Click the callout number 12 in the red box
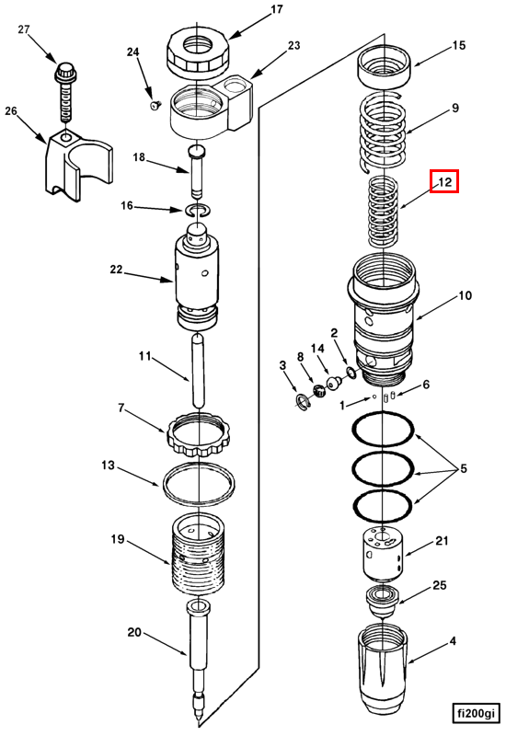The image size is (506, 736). (444, 181)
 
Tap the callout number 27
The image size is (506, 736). (24, 29)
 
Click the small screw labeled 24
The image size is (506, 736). (155, 106)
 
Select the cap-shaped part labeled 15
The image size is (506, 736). (385, 65)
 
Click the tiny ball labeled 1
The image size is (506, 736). (374, 397)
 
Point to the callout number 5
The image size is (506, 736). (464, 468)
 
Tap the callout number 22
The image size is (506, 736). (116, 270)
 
